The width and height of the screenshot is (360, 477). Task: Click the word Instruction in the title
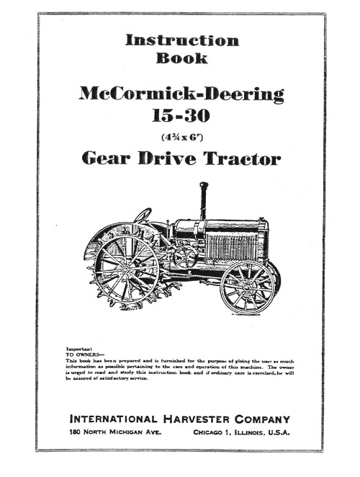pyautogui.click(x=181, y=40)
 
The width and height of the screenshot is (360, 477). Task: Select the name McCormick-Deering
pyautogui.click(x=181, y=94)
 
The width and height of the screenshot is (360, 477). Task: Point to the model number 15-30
pyautogui.click(x=181, y=115)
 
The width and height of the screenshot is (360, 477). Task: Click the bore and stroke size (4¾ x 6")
pyautogui.click(x=181, y=135)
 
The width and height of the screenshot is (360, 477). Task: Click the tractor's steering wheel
pyautogui.click(x=143, y=215)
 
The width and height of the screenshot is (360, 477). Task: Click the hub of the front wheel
pyautogui.click(x=246, y=287)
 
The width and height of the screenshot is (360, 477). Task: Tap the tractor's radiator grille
pyautogui.click(x=232, y=246)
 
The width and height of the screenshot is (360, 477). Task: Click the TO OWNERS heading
pyautogui.click(x=84, y=355)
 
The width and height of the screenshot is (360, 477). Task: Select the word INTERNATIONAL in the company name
pyautogui.click(x=114, y=419)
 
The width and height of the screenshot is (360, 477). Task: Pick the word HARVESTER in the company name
pyautogui.click(x=199, y=419)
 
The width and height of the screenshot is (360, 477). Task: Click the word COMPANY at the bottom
pyautogui.click(x=265, y=419)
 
